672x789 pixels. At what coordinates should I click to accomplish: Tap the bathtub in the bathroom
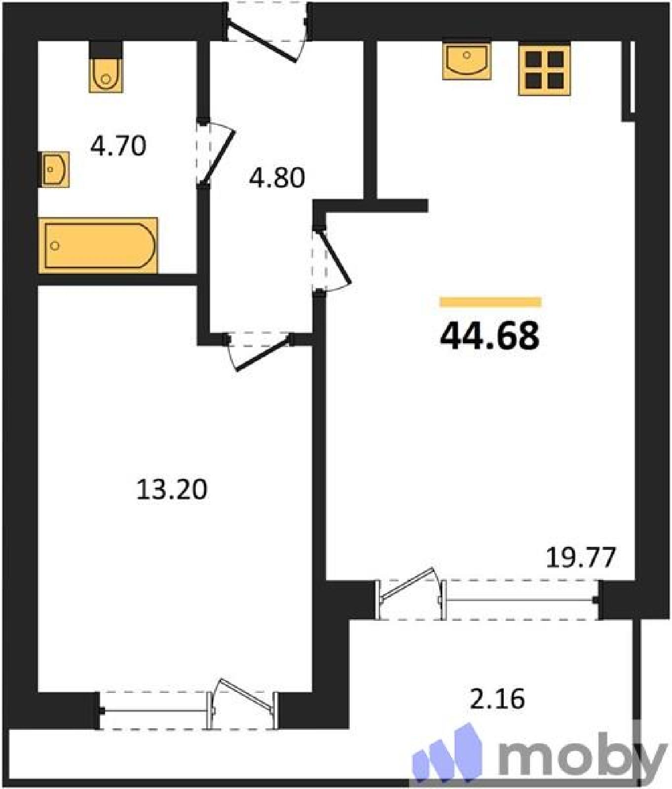[98, 245]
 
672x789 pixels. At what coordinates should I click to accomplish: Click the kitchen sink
[467, 61]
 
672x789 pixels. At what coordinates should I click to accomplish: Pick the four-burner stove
[544, 69]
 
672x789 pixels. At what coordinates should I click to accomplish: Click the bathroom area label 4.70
[118, 146]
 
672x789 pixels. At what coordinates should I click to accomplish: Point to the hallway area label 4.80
[277, 178]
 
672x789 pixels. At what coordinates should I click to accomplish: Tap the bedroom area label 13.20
[171, 490]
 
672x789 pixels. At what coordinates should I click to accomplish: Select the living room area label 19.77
[581, 558]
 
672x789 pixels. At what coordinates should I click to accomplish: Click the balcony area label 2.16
[497, 699]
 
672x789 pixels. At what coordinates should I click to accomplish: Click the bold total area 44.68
[489, 335]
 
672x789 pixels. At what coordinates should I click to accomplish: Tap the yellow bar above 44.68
[490, 302]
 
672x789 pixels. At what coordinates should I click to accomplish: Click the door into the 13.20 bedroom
[258, 351]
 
